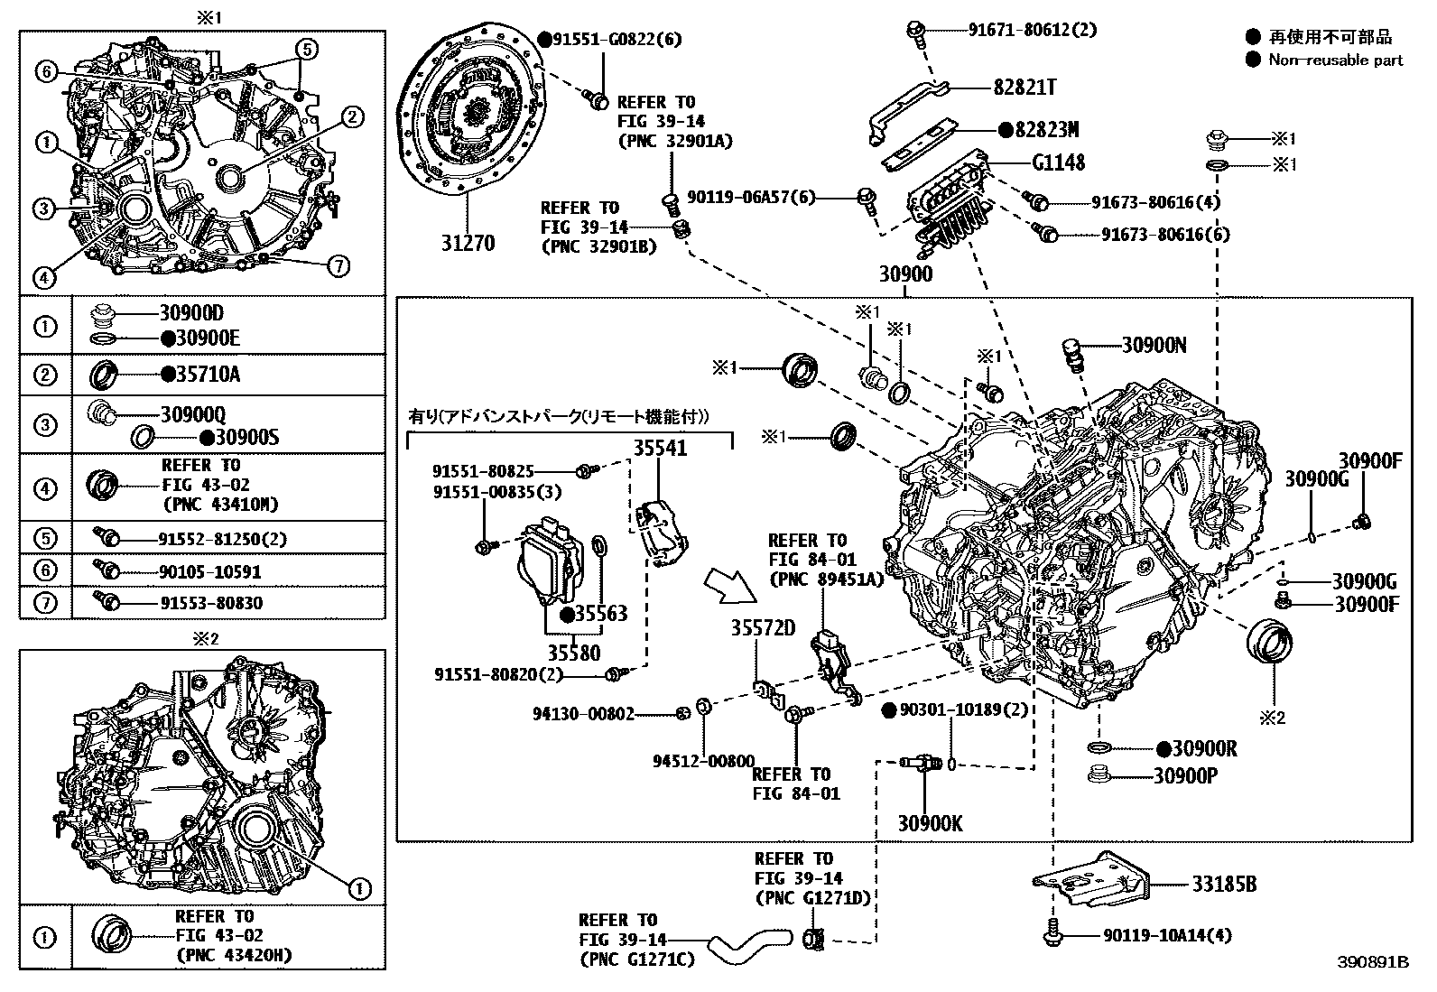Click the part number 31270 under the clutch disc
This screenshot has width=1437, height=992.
[468, 243]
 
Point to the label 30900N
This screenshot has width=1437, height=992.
[1154, 345]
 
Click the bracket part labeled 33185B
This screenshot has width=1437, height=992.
[1093, 880]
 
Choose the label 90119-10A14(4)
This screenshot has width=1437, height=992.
[1166, 935]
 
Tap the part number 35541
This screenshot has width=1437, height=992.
[659, 449]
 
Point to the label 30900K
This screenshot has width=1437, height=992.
[930, 823]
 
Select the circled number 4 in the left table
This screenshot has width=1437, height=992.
[45, 488]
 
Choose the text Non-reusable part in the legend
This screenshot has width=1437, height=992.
[1336, 60]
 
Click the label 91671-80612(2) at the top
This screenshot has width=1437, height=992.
[1033, 30]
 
